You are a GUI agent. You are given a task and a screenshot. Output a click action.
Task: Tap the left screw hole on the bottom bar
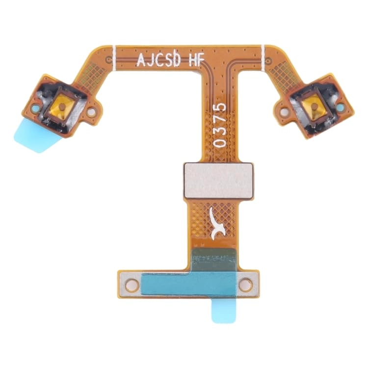(131, 284)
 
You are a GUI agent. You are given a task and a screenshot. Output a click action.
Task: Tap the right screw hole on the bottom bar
(244, 284)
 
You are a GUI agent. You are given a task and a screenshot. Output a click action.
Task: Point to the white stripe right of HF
(263, 55)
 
